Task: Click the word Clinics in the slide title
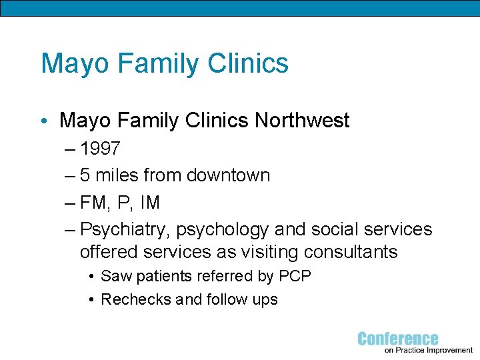click(x=248, y=63)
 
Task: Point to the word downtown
click(x=228, y=175)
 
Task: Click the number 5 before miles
click(x=85, y=175)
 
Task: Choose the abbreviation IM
click(x=149, y=202)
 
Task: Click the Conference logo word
click(x=398, y=339)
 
